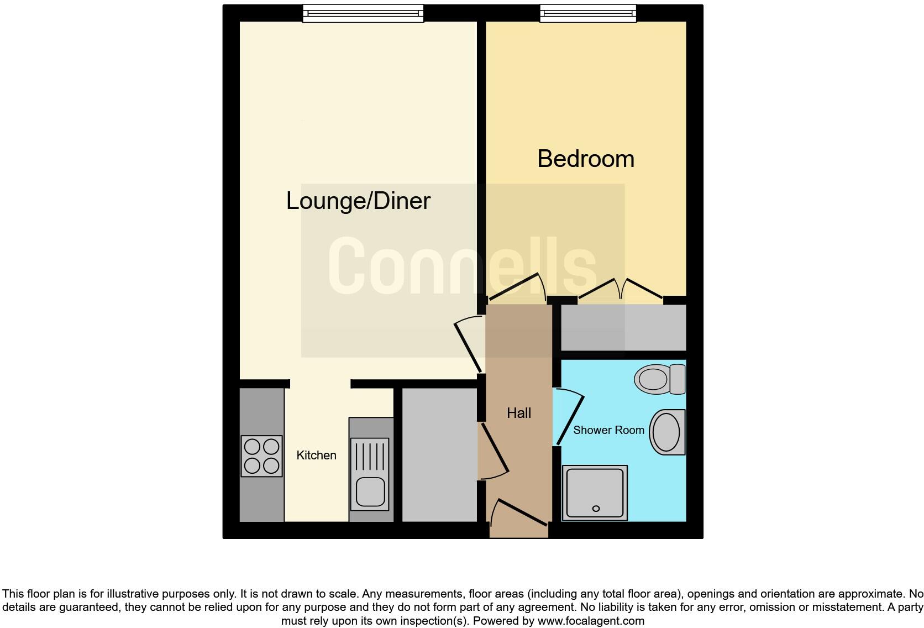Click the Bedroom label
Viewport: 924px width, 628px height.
click(x=586, y=159)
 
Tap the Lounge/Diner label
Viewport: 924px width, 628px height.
click(x=358, y=201)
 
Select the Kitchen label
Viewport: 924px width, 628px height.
click(x=316, y=455)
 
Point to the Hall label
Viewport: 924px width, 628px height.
click(x=519, y=413)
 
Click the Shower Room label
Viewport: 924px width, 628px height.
click(x=608, y=430)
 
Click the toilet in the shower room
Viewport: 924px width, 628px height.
click(x=660, y=379)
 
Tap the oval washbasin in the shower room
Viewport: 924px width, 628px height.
click(x=667, y=432)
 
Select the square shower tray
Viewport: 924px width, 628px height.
click(x=595, y=493)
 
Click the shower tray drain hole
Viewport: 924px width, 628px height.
click(x=596, y=509)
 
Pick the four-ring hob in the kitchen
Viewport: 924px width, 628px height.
click(x=261, y=456)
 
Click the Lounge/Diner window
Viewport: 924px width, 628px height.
click(x=363, y=13)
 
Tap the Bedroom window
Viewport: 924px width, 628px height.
click(x=587, y=13)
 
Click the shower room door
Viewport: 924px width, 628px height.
click(x=569, y=417)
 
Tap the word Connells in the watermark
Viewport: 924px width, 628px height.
click(x=462, y=266)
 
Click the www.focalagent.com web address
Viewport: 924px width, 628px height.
click(x=591, y=621)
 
